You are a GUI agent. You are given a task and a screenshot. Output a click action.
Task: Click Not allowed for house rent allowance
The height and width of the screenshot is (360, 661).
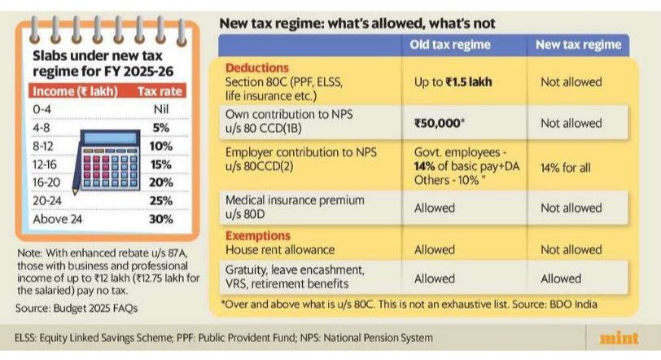[571, 250]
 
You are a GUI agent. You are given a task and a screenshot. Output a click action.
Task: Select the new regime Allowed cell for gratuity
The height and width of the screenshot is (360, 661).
[561, 279]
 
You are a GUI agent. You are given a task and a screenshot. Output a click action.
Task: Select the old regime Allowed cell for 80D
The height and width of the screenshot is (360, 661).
[435, 208]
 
